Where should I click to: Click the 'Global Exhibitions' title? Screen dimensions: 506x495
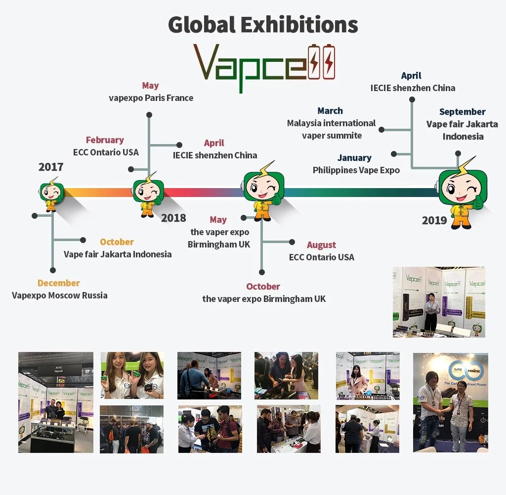(263, 25)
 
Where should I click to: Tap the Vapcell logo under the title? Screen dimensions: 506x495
(264, 64)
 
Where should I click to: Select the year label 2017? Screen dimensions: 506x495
(51, 167)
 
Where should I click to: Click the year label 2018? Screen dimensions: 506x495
(173, 218)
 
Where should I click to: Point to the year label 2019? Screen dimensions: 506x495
(434, 220)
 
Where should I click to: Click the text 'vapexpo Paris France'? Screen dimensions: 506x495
(151, 98)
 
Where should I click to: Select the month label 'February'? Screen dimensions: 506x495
(105, 140)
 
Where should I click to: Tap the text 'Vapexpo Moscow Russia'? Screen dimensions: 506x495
(60, 296)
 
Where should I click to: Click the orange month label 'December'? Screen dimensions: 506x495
(59, 283)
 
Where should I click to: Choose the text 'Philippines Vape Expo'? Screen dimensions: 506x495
(356, 170)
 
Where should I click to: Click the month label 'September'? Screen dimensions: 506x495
(463, 112)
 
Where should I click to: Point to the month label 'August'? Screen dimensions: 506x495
(321, 245)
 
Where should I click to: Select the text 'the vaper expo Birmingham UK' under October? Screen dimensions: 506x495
(264, 299)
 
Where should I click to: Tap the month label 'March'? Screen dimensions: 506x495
(330, 111)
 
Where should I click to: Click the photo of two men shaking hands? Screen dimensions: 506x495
(450, 402)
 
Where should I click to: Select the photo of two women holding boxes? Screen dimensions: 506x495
(132, 375)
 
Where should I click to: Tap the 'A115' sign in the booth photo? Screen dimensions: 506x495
(59, 368)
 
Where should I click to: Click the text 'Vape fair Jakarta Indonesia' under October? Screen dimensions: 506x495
(118, 254)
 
